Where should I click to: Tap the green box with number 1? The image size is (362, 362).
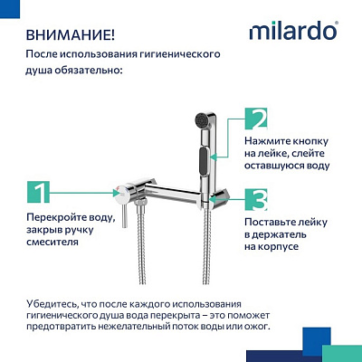(37, 191)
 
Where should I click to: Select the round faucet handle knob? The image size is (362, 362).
(119, 191)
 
